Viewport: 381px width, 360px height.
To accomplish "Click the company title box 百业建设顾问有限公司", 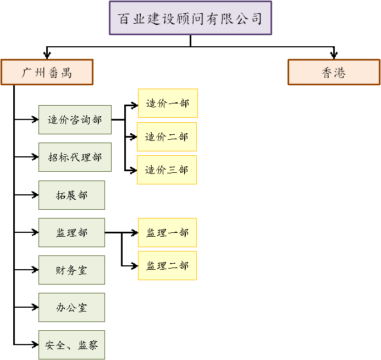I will pyautogui.click(x=190, y=18).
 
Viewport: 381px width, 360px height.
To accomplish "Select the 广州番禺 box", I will pyautogui.click(x=47, y=72).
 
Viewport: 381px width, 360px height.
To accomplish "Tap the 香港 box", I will pyautogui.click(x=334, y=72).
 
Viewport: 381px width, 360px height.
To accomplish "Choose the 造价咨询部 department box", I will pyautogui.click(x=75, y=119).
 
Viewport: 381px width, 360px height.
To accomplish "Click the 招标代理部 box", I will pyautogui.click(x=75, y=157).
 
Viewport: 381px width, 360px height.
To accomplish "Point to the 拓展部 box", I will pyautogui.click(x=71, y=195).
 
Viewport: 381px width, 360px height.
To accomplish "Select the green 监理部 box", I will pyautogui.click(x=71, y=232).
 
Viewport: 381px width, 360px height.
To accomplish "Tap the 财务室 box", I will pyautogui.click(x=71, y=270).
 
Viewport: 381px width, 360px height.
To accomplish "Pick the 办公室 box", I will pyautogui.click(x=71, y=307).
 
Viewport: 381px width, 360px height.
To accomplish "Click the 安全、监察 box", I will pyautogui.click(x=71, y=345).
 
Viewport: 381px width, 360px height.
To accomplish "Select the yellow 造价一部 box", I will pyautogui.click(x=168, y=103).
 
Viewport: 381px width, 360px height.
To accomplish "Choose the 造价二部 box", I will pyautogui.click(x=167, y=137).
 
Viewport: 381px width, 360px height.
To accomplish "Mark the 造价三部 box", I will pyautogui.click(x=167, y=170).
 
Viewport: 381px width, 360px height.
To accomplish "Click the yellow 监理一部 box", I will pyautogui.click(x=167, y=232).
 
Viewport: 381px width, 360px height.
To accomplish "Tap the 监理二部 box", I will pyautogui.click(x=167, y=266).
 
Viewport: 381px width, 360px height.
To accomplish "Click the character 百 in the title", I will pyautogui.click(x=125, y=19).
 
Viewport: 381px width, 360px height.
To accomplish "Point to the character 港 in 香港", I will pyautogui.click(x=340, y=73).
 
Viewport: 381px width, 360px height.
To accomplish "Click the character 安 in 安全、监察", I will pyautogui.click(x=51, y=346).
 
